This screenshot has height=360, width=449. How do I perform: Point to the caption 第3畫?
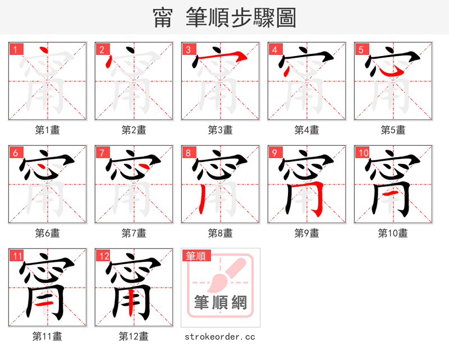pyautogui.click(x=220, y=130)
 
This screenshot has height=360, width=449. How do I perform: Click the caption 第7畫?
pyautogui.click(x=134, y=233)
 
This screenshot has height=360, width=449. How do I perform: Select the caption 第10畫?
pyautogui.click(x=393, y=233)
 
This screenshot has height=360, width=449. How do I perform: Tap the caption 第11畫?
pyautogui.click(x=47, y=336)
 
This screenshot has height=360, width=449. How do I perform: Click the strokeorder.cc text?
pyautogui.click(x=220, y=336)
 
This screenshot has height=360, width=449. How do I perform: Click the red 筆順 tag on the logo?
pyautogui.click(x=196, y=256)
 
